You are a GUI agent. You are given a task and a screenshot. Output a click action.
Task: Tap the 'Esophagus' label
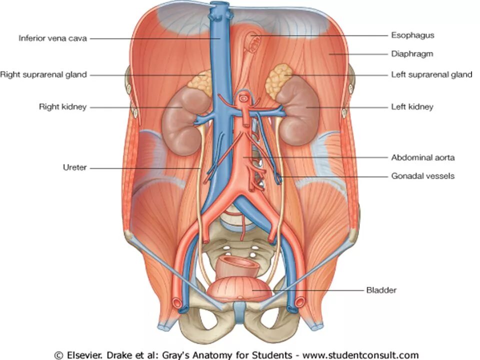click(x=412, y=35)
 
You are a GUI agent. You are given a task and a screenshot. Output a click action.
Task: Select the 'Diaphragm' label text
click(x=412, y=53)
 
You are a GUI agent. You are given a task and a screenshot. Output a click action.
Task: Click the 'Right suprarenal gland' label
click(x=43, y=74)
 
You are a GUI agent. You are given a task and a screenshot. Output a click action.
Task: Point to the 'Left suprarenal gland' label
click(x=431, y=74)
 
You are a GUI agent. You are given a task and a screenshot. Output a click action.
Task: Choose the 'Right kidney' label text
click(x=63, y=106)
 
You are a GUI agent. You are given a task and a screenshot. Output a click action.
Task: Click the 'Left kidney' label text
click(x=412, y=106)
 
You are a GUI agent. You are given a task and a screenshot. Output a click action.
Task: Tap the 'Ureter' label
click(x=73, y=168)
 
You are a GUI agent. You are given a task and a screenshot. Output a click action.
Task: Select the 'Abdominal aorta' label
click(x=422, y=157)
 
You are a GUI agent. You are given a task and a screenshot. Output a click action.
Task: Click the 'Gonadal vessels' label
click(x=422, y=176)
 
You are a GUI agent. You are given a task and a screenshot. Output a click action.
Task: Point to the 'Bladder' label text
click(x=381, y=290)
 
